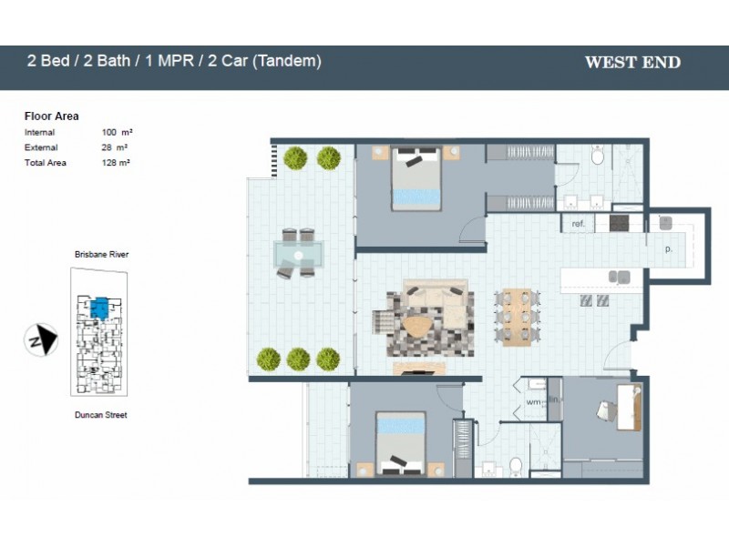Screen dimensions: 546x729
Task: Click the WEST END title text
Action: (632, 63)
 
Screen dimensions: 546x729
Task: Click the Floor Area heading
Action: (51, 116)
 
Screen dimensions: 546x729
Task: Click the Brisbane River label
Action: (101, 255)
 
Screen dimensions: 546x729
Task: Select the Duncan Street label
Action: (101, 415)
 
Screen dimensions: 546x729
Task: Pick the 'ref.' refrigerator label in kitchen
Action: (578, 224)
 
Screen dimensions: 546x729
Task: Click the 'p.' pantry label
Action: (668, 248)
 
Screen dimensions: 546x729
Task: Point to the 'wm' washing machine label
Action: (533, 401)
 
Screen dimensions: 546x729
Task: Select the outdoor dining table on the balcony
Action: (296, 253)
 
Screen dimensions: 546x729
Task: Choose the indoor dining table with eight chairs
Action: (518, 316)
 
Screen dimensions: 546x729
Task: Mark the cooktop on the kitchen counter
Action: (620, 222)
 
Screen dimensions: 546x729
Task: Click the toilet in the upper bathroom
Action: (598, 157)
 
